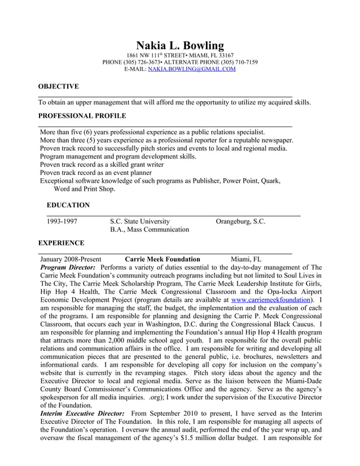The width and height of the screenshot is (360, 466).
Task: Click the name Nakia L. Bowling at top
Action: (x=180, y=45)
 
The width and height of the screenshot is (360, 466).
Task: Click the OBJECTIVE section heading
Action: (x=58, y=86)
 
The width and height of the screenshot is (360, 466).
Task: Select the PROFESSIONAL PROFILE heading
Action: (x=82, y=116)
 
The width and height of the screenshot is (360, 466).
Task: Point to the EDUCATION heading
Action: (x=68, y=205)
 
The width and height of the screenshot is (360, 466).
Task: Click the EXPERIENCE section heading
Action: (x=61, y=243)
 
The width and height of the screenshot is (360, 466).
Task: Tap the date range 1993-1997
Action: (x=62, y=222)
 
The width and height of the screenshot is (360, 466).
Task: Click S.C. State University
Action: (x=139, y=222)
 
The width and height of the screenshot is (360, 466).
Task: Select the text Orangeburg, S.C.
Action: (x=240, y=222)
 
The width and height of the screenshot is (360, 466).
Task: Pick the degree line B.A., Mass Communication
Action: (x=150, y=230)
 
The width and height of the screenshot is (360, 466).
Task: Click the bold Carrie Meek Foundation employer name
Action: (x=162, y=259)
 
